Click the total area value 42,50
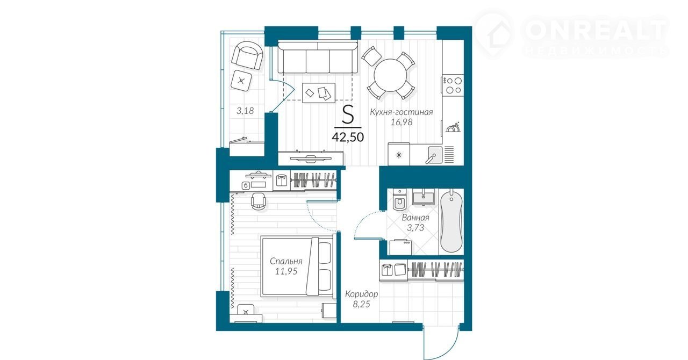pos(348,137)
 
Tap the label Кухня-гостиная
pos(401,112)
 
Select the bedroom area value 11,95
pos(286,271)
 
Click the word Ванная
pos(415,218)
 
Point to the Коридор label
pos(361,294)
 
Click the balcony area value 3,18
pos(245,111)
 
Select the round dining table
pos(390,75)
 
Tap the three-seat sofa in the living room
pos(318,57)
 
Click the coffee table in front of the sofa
pos(319,93)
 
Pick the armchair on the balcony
pos(247,55)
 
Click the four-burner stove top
pos(453,85)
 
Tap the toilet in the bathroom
pos(399,200)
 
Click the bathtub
pos(451,221)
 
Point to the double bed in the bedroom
pos(297,267)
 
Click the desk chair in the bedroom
pos(259,201)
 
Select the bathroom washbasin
pos(423,198)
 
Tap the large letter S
pos(348,114)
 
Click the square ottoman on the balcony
pos(241,81)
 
